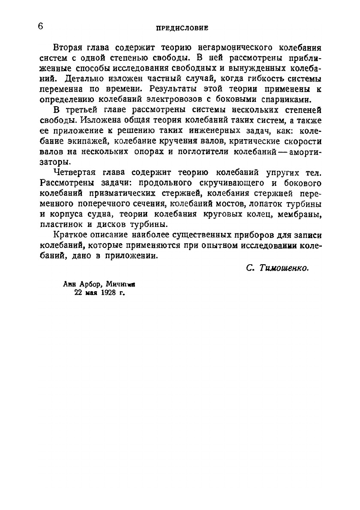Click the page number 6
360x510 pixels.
coord(40,26)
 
